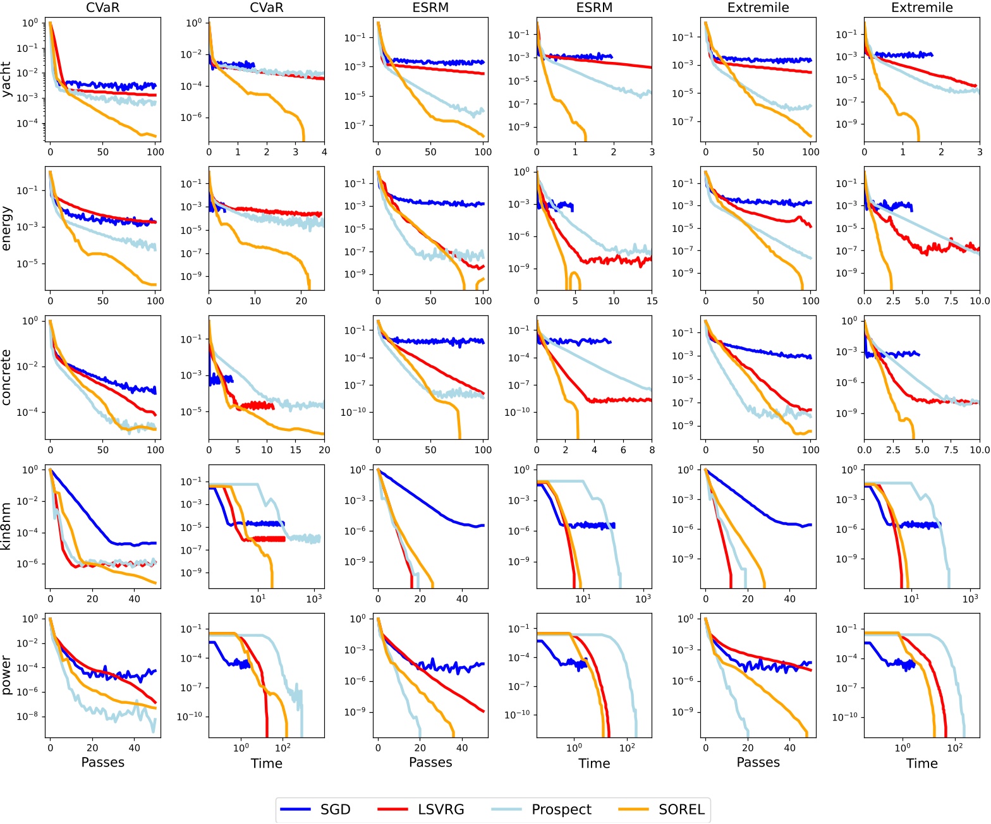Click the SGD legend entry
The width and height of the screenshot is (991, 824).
point(315,809)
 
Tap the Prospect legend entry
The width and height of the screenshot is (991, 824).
point(542,809)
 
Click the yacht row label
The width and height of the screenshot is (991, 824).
point(7,79)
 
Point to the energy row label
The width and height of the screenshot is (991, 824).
point(7,228)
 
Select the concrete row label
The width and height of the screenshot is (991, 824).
point(7,377)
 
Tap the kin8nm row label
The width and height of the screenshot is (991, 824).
point(7,526)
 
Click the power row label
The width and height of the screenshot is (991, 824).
point(7,676)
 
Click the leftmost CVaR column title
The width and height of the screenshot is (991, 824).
point(103,8)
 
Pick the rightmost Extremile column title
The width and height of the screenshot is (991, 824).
point(921,8)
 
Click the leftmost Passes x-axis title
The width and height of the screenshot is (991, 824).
point(103,763)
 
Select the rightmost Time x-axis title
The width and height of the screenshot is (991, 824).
point(921,763)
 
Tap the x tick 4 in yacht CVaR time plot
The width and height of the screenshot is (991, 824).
point(324,152)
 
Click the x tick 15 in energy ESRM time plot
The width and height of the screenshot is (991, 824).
point(652,301)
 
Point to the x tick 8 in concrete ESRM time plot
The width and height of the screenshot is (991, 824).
point(652,451)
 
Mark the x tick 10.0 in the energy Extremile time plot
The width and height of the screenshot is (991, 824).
point(979,301)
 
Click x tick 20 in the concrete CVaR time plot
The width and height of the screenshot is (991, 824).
point(324,451)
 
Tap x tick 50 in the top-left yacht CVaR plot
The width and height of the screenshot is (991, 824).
point(103,152)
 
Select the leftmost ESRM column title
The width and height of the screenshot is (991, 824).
point(430,8)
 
